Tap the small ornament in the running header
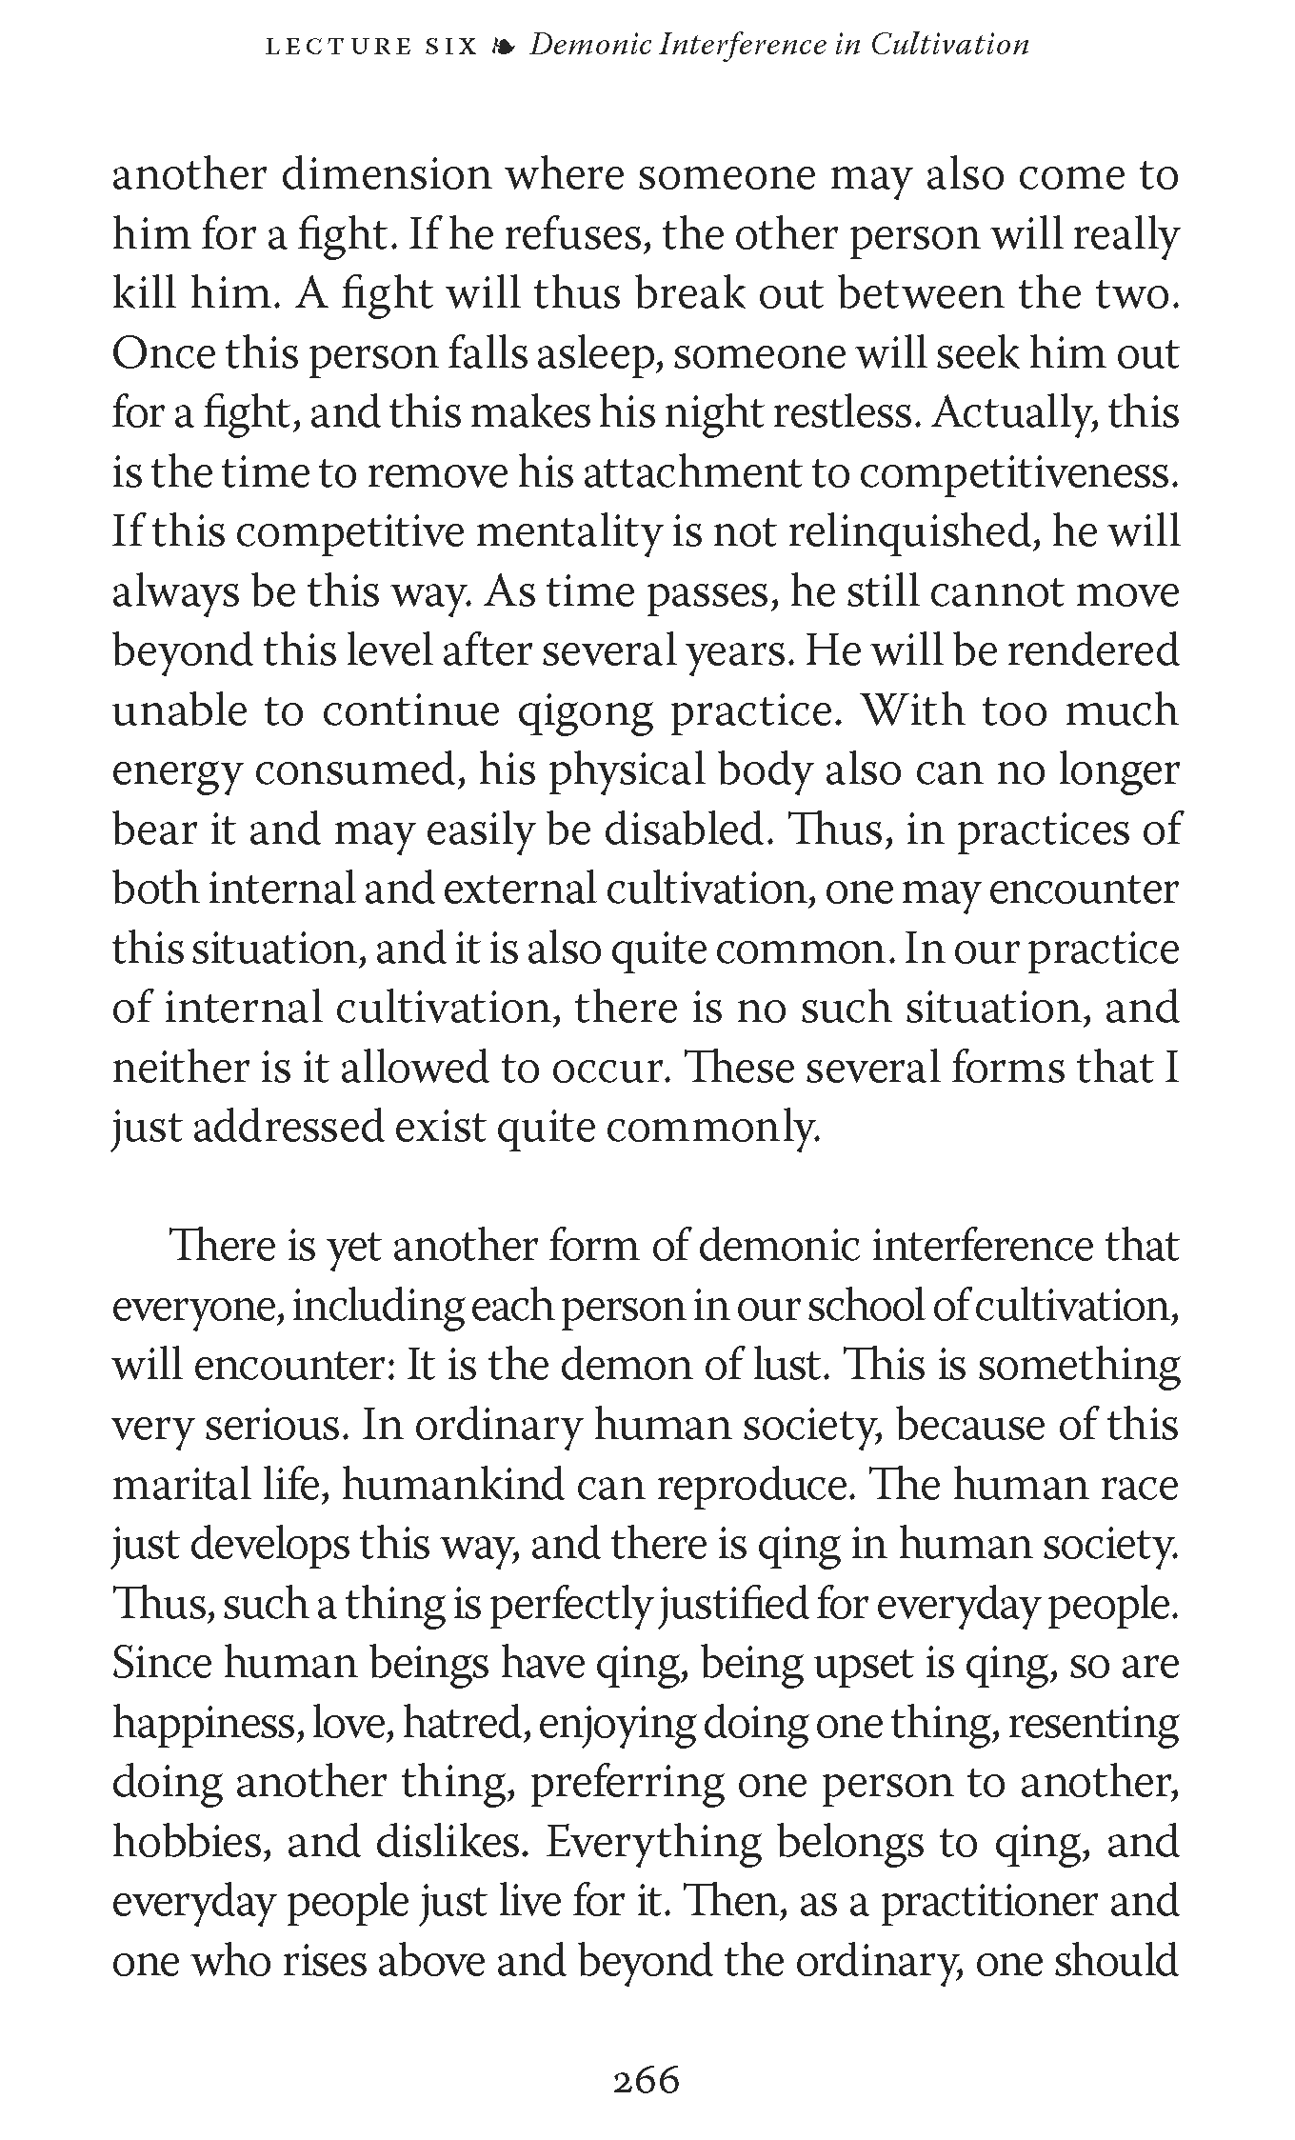(x=504, y=46)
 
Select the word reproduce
(x=754, y=1485)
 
